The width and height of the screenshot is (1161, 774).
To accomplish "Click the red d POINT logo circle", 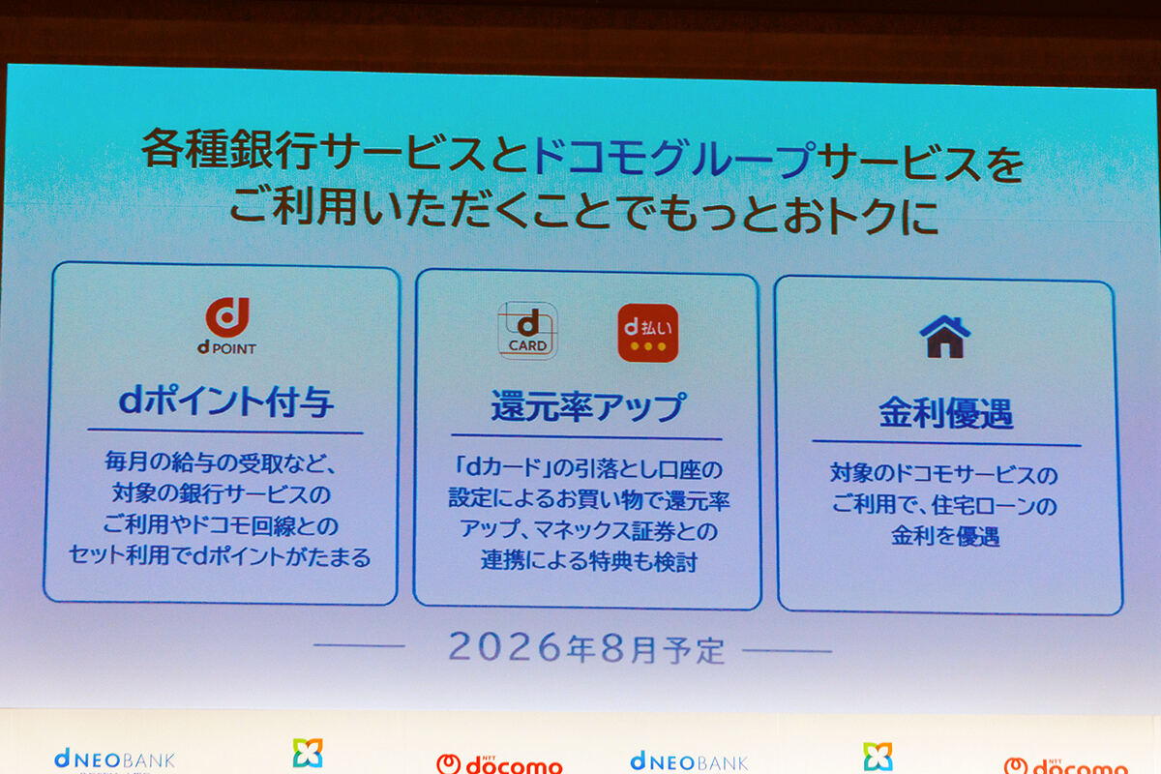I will (x=227, y=316).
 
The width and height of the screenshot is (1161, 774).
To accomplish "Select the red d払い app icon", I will (x=647, y=333).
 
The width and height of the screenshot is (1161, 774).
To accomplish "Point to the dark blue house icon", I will (x=944, y=336).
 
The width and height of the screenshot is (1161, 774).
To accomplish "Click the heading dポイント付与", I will (x=226, y=401).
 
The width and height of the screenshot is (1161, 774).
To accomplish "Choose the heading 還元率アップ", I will (x=587, y=407).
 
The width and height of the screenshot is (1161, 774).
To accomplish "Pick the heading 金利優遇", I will (x=945, y=413).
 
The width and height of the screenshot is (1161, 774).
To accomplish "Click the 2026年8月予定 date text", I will (x=586, y=648).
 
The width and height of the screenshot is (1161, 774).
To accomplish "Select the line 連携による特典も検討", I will (x=588, y=560).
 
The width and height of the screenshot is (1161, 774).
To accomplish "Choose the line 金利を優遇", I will (x=945, y=536).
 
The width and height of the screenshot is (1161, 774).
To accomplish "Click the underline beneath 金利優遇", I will (x=945, y=444).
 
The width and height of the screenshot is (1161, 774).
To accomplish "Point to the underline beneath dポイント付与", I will (x=225, y=432).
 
